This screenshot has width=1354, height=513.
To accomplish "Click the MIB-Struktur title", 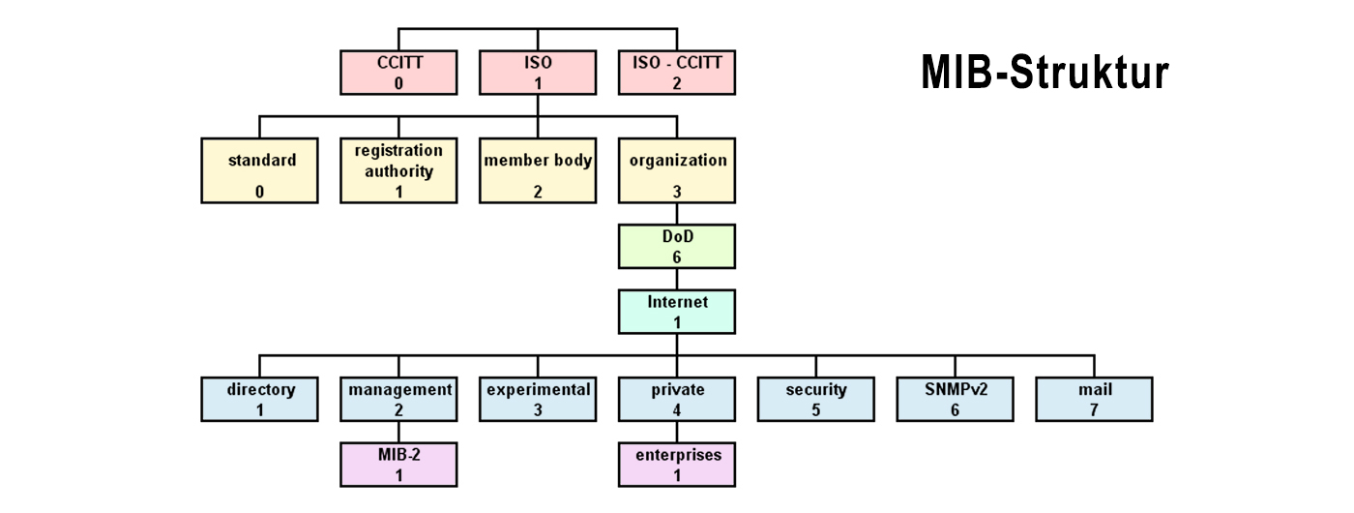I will coord(1045,74).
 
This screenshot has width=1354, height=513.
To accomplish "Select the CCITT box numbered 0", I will coord(398,73).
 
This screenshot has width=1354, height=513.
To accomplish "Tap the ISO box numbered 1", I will coord(538,73).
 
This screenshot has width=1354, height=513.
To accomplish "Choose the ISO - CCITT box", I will coord(677,73).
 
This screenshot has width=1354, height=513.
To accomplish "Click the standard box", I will coord(259,170).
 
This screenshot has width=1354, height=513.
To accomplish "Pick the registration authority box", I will coord(398,170).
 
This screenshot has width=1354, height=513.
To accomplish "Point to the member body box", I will coord(538,170).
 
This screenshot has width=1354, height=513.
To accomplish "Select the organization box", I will coord(677,170).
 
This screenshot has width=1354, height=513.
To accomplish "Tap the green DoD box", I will coord(677,247).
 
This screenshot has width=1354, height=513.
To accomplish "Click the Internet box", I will coord(677,311).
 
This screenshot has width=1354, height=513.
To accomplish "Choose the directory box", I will coord(259,399).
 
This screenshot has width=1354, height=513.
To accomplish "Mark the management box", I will coord(398,399).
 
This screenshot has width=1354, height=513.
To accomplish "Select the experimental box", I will coord(538,399).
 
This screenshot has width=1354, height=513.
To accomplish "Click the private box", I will coord(677,399).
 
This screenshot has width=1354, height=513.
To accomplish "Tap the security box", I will coord(816,399).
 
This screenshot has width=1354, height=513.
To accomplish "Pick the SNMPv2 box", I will coord(956,399).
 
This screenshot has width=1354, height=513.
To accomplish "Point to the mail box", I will coord(1095,399).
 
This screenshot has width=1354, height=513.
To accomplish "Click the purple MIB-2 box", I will coord(398,464).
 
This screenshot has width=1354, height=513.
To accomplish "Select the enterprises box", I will coord(677,464).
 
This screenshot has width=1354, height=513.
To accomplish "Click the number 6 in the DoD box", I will coord(677,257).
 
